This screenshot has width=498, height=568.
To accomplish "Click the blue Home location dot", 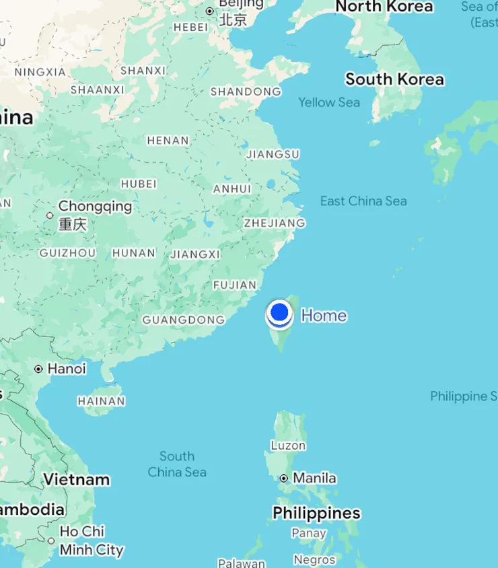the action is pyautogui.click(x=279, y=312).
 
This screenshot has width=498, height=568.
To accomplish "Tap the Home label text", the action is pyautogui.click(x=324, y=315).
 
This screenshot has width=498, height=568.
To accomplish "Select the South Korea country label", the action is pyautogui.click(x=394, y=79).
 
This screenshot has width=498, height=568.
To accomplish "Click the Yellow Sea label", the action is pyautogui.click(x=329, y=102).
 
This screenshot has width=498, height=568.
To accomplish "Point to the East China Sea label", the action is pyautogui.click(x=363, y=201).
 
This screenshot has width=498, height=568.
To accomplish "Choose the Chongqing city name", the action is pyautogui.click(x=95, y=206).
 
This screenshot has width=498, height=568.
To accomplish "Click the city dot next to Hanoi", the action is pyautogui.click(x=39, y=369).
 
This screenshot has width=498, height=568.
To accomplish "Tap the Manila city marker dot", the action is pyautogui.click(x=285, y=478).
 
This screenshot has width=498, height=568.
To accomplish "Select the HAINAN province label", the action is pyautogui.click(x=102, y=401).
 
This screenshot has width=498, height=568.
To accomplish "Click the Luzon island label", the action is pyautogui.click(x=288, y=445).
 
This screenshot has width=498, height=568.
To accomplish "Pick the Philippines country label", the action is pyautogui.click(x=316, y=513).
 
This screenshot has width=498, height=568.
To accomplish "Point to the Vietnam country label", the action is pyautogui.click(x=76, y=479).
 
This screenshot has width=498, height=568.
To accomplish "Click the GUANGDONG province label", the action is pyautogui.click(x=184, y=320).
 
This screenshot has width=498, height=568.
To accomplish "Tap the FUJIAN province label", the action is pyautogui.click(x=235, y=285).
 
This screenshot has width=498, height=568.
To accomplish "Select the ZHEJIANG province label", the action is pyautogui.click(x=274, y=223).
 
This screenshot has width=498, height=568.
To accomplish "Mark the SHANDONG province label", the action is pyautogui.click(x=246, y=92).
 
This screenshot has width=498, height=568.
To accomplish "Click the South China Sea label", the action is pyautogui.click(x=177, y=464).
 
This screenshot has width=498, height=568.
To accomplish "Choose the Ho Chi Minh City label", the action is pyautogui.click(x=92, y=540).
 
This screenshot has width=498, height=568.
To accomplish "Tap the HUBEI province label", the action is pyautogui.click(x=139, y=184).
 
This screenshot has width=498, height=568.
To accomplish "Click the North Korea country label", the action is pyautogui.click(x=384, y=7).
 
